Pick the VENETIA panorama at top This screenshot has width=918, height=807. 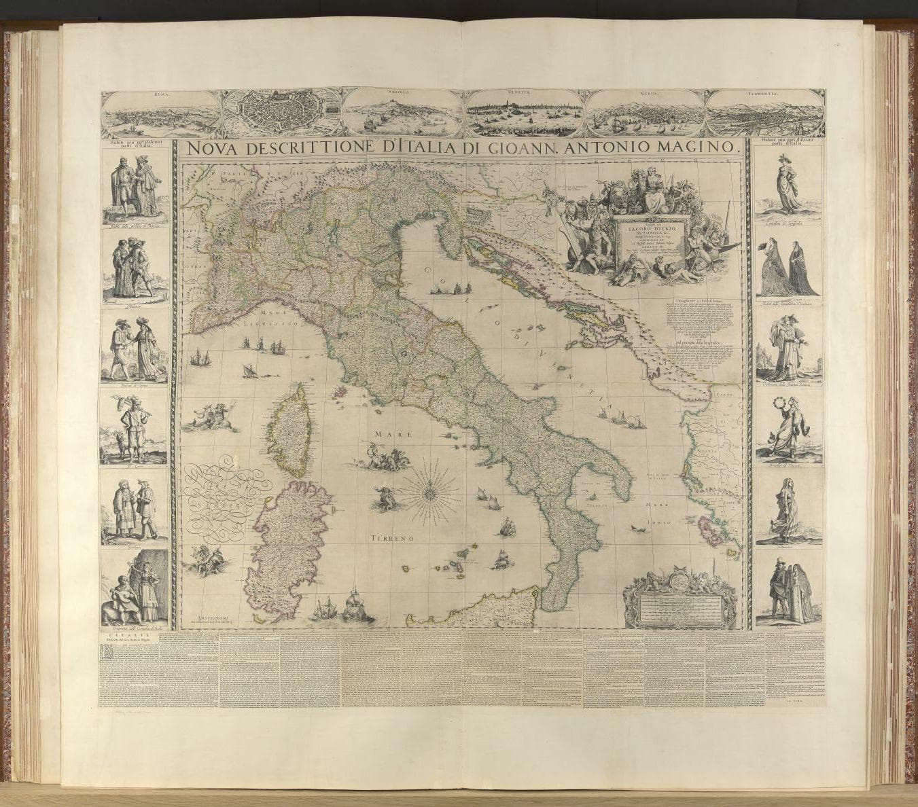[x=525, y=112]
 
